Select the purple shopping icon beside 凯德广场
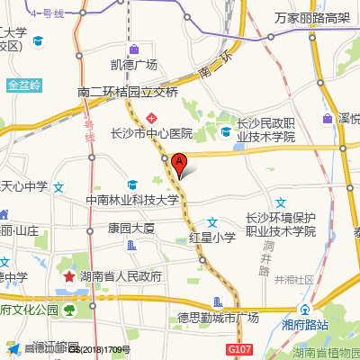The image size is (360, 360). (x=133, y=49)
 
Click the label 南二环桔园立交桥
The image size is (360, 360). (x=128, y=92)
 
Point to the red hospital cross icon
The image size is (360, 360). (x=153, y=118)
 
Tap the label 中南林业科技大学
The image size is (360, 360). (x=132, y=200)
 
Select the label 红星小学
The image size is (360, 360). (x=211, y=238)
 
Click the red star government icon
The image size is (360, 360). (x=68, y=275)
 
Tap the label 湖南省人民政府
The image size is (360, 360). (x=120, y=276)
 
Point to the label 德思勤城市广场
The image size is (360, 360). (x=218, y=317)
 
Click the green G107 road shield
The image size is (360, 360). (x=237, y=348)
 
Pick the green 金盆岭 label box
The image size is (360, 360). (x=24, y=86)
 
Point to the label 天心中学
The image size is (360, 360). (x=24, y=187)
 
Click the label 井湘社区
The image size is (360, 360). (x=294, y=280)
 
